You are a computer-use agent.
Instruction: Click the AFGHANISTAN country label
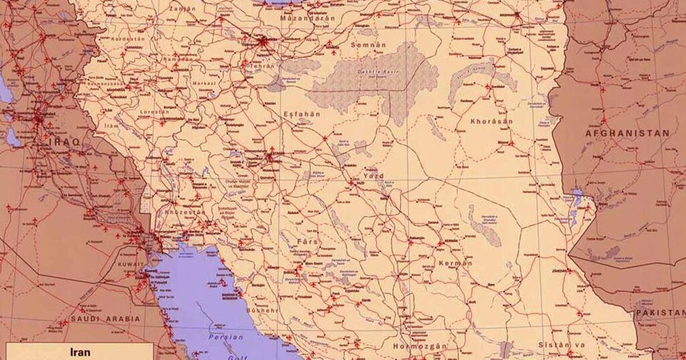[x=626, y=133]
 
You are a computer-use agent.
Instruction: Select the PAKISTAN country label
[x=659, y=313]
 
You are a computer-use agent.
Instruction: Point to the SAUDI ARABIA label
[x=105, y=319]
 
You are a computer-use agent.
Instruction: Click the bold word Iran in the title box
[x=80, y=351]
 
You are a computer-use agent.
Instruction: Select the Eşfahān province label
[x=301, y=114]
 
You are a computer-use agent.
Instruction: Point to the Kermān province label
[x=455, y=263]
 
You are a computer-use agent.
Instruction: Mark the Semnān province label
[x=369, y=45]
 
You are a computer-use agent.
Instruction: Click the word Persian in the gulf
[x=225, y=337]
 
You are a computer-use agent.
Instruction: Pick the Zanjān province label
[x=182, y=9]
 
